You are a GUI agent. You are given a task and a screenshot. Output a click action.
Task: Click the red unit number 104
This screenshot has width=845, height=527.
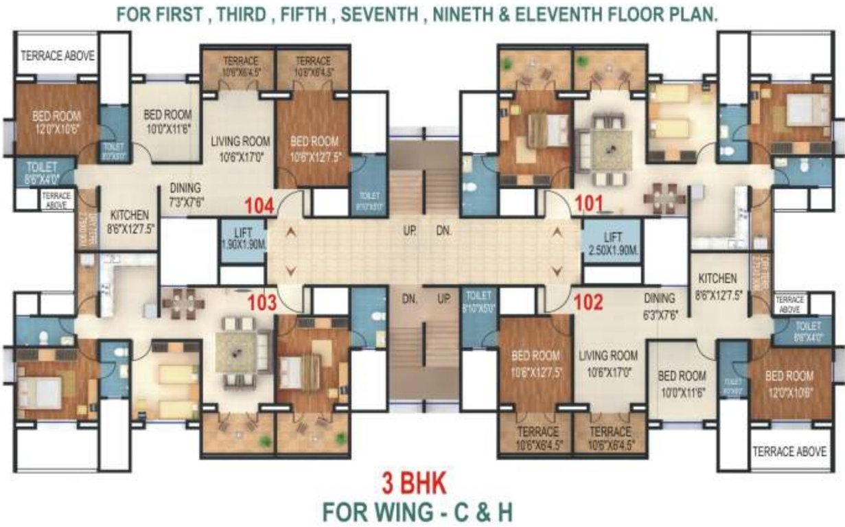coord(261,205)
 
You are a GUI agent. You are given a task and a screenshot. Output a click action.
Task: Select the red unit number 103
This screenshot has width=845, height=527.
coord(262,303)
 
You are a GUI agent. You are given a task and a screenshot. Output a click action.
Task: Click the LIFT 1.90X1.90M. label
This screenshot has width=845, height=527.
coord(242,239)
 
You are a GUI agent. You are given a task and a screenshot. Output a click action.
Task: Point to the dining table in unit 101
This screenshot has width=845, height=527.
coord(664,198)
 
